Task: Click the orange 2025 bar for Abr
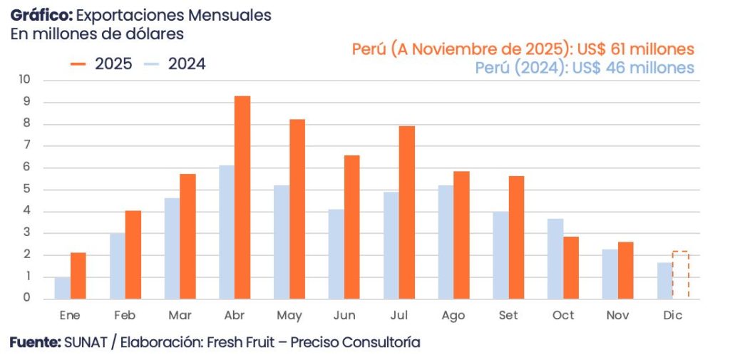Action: [x=242, y=197]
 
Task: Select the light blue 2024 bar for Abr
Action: [x=227, y=232]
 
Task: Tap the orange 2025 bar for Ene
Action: [x=78, y=276]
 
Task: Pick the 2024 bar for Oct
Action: [x=555, y=259]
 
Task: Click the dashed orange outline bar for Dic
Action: [x=680, y=275]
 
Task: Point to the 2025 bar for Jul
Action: [x=407, y=212]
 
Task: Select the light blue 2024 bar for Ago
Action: [x=446, y=242]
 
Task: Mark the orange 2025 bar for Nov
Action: [x=625, y=270]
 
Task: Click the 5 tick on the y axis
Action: [x=27, y=190]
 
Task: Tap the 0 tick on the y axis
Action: [x=27, y=299]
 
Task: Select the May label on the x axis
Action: [x=289, y=316]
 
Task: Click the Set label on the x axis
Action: [x=509, y=316]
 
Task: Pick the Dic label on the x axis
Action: [x=672, y=316]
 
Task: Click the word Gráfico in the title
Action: [x=40, y=15]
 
